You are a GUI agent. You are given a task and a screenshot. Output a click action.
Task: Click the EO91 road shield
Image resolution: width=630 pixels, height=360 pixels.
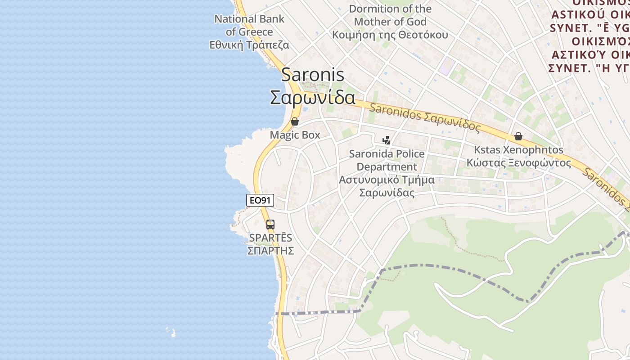(260, 200)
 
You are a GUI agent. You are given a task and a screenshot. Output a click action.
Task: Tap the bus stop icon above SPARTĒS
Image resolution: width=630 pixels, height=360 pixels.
(270, 224)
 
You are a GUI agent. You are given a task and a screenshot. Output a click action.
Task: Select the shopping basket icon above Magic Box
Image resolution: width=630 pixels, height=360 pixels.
(295, 121)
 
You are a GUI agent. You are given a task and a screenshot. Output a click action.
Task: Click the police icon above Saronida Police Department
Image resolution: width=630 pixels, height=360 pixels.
(386, 140)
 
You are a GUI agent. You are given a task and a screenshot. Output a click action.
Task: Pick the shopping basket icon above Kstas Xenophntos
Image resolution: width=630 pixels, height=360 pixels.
(518, 136)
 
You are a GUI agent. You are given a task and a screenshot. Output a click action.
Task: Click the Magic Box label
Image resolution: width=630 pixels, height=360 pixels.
(295, 135)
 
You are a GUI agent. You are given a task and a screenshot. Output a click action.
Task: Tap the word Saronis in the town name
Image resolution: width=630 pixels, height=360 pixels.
(313, 75)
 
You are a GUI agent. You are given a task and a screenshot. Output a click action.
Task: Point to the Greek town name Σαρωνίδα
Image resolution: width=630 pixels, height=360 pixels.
(313, 97)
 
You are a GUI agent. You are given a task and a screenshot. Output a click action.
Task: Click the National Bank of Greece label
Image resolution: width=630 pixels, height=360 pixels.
(249, 25)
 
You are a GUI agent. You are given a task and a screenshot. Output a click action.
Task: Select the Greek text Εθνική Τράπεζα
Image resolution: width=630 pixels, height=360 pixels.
(249, 45)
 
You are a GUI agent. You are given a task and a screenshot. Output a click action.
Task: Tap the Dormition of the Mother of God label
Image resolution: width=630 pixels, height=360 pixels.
(390, 15)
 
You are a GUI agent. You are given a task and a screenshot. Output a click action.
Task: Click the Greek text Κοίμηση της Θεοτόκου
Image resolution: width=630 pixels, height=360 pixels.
(390, 35)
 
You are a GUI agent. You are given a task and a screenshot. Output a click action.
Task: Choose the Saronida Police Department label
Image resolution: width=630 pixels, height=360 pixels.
(387, 160)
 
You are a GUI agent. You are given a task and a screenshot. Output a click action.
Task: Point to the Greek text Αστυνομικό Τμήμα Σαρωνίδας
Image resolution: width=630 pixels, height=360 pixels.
(387, 186)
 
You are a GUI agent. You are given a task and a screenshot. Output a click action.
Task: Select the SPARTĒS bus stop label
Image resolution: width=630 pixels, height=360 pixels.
(270, 238)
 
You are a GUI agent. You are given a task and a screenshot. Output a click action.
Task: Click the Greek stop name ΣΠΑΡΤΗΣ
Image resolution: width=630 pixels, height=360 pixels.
(270, 251)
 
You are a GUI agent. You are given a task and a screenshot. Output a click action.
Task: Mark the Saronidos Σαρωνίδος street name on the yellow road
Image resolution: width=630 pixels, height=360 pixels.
(425, 117)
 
